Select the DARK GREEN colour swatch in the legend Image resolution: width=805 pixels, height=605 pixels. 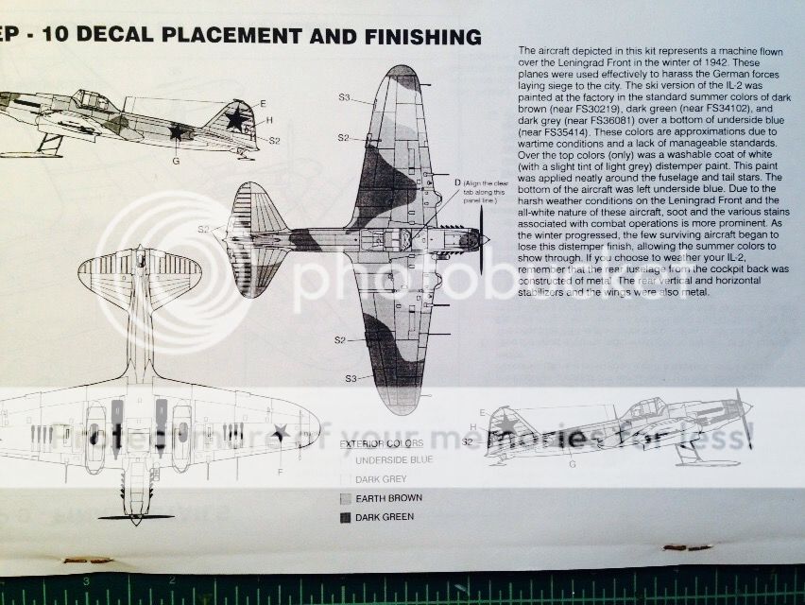(344, 516)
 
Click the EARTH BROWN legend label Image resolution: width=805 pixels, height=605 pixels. (388, 497)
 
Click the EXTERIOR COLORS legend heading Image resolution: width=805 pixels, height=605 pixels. (381, 442)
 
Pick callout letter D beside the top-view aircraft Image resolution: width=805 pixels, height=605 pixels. (457, 181)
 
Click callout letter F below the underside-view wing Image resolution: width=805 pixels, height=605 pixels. (280, 470)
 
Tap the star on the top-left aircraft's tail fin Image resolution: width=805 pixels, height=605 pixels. (235, 118)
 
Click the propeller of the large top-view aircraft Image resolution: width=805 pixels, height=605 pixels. (481, 240)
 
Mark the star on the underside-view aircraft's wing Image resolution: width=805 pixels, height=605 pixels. (280, 433)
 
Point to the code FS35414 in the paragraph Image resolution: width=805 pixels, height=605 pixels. (559, 130)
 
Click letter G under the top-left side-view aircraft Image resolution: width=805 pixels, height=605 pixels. (176, 162)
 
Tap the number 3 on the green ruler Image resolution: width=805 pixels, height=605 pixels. (86, 581)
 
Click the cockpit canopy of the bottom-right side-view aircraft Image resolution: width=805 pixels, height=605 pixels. (646, 409)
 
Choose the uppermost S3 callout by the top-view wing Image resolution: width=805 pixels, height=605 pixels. (345, 97)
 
